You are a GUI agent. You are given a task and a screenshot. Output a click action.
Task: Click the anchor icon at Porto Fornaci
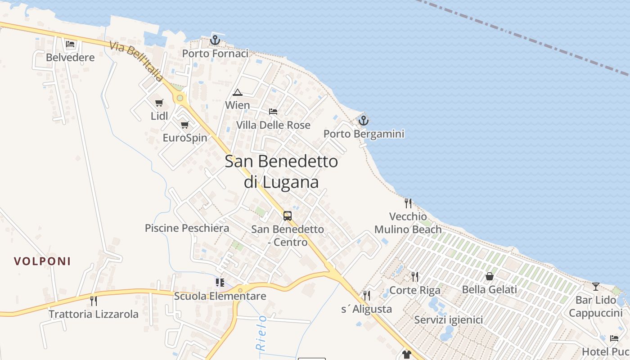[x=215, y=40]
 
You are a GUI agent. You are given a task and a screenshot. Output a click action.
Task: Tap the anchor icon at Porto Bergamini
[x=363, y=121]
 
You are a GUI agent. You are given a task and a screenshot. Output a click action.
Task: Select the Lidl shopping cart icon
[x=159, y=103]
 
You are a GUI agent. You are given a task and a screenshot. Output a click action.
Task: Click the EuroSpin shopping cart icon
[x=184, y=125]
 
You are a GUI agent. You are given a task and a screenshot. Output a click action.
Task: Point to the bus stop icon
[x=288, y=216]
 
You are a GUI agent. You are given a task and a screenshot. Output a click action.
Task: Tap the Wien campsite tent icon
[x=237, y=93]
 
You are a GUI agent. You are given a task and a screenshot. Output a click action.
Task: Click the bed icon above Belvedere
[x=70, y=44]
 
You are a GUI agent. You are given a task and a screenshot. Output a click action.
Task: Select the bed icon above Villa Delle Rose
[x=273, y=111]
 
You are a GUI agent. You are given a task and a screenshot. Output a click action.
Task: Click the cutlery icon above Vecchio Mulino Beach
[x=408, y=203]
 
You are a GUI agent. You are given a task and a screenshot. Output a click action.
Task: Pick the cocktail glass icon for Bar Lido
[x=596, y=286]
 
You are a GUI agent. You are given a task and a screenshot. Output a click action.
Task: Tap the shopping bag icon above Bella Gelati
[x=489, y=276]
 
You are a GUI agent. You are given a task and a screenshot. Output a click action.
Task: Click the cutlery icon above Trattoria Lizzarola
[x=94, y=301]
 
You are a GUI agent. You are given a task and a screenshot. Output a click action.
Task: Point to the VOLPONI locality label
[x=42, y=261]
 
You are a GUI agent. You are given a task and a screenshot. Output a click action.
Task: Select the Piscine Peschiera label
[x=187, y=228]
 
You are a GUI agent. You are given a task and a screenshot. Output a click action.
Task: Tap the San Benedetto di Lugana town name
[x=281, y=171]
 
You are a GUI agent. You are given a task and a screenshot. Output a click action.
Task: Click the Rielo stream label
[x=261, y=333]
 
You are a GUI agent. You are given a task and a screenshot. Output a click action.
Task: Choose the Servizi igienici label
[x=448, y=320]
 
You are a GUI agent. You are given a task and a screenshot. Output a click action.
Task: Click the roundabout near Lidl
[x=180, y=98]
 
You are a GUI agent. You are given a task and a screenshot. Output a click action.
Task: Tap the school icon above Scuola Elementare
[x=220, y=283]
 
